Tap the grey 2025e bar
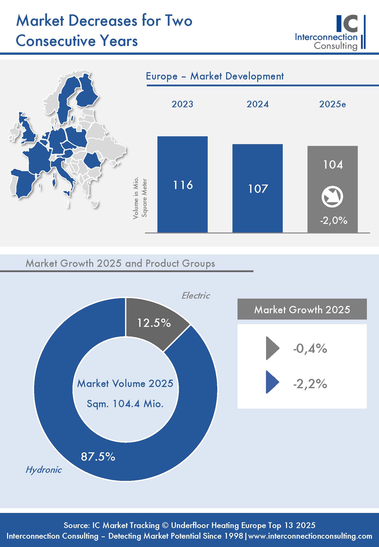333,177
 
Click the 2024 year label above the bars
257,104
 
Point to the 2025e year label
332,104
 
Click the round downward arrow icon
332,196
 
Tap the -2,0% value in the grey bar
334,221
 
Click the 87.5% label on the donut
98,456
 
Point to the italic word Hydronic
43,470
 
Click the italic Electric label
196,295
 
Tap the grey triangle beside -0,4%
272,348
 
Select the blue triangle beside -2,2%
272,384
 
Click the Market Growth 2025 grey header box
302,309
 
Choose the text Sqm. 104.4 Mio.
125,404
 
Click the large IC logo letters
347,24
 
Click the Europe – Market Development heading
215,76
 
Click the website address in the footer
310,536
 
